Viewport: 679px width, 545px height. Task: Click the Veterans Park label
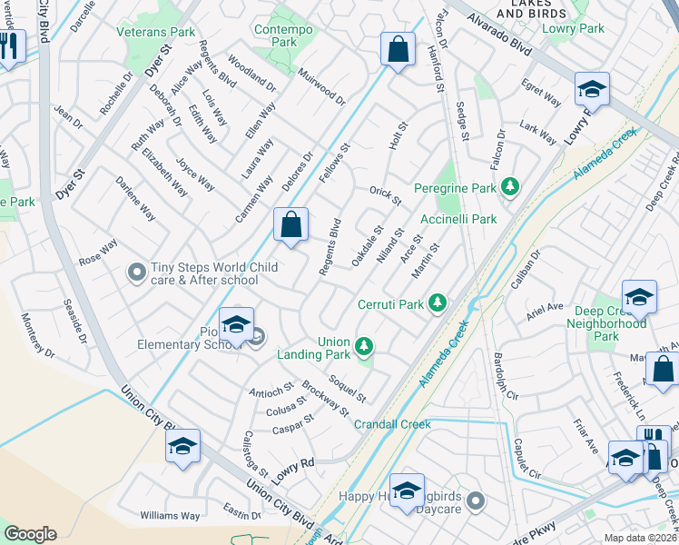click(x=157, y=32)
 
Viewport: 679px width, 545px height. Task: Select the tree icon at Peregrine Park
click(x=511, y=187)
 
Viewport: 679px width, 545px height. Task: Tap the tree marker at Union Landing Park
click(x=364, y=345)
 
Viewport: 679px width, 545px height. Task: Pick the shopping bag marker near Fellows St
click(x=398, y=50)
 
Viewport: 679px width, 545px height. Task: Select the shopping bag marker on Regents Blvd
click(x=290, y=225)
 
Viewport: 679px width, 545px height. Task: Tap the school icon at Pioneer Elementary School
click(x=236, y=324)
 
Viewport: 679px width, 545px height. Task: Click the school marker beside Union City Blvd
click(x=182, y=446)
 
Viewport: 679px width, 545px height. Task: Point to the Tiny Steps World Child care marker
click(x=137, y=271)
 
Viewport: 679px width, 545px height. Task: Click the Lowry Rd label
click(x=293, y=468)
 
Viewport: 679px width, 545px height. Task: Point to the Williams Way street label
click(x=170, y=516)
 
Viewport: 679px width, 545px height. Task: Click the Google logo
click(x=30, y=534)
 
